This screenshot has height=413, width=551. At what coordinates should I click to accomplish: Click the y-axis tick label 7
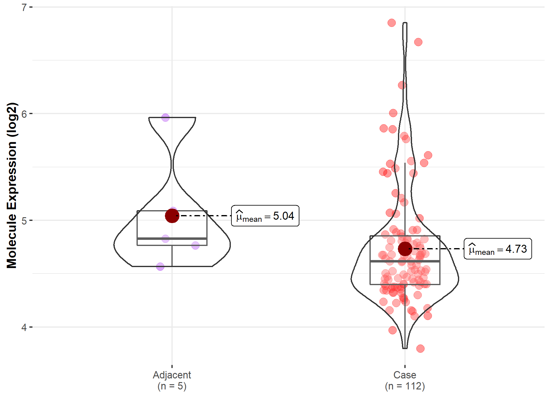(24, 7)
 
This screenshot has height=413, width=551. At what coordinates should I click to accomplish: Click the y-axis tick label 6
(24, 114)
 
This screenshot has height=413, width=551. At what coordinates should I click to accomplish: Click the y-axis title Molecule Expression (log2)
(12, 185)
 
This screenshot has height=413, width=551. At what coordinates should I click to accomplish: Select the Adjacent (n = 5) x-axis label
(172, 380)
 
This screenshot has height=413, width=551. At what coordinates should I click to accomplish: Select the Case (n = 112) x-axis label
(405, 380)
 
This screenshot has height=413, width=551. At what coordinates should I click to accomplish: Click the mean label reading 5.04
(265, 216)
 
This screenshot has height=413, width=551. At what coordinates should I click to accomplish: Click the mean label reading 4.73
(498, 249)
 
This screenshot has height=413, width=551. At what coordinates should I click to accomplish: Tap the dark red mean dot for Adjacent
(172, 216)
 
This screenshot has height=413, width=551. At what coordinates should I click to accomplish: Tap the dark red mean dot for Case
(405, 249)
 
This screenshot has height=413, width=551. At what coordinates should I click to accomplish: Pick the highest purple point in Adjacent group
(165, 117)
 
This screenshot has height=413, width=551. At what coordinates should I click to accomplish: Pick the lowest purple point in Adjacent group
(160, 266)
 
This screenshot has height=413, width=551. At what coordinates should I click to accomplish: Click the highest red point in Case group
(392, 23)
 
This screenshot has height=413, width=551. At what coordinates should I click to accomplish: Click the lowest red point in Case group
(420, 348)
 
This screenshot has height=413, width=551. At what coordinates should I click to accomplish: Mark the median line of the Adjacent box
(172, 238)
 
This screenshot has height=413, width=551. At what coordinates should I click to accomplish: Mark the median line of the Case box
(405, 261)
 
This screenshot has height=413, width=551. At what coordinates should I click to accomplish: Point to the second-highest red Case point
(418, 42)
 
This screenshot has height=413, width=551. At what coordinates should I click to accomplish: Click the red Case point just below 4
(392, 330)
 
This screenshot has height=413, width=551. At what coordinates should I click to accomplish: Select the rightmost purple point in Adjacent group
(195, 245)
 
